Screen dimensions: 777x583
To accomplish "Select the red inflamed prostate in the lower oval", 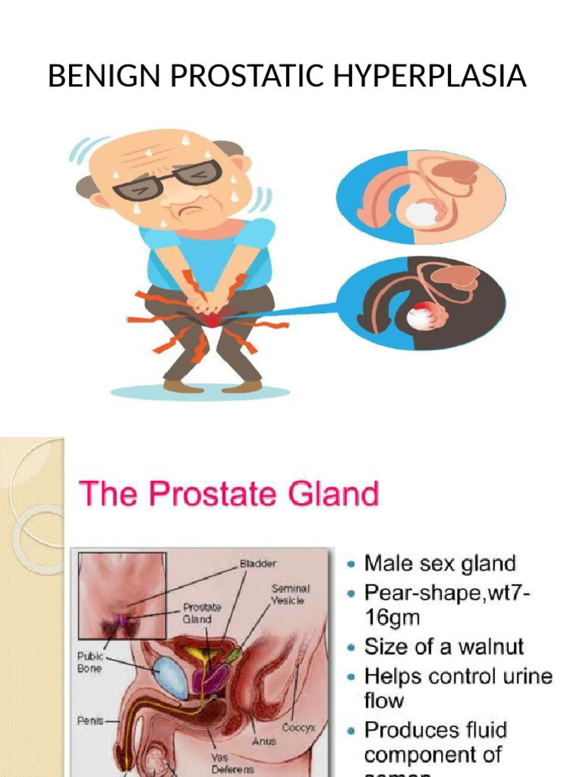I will pyautogui.click(x=421, y=314).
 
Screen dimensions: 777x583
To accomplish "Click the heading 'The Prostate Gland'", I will pyautogui.click(x=228, y=494).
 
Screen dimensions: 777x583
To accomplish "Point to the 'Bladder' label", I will pyautogui.click(x=259, y=564).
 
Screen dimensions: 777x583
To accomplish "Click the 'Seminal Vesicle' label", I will pyautogui.click(x=291, y=594).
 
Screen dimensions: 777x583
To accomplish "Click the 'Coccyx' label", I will pyautogui.click(x=299, y=726).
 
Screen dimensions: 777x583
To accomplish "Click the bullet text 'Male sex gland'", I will pyautogui.click(x=440, y=564).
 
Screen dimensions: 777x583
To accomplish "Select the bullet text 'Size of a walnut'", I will pyautogui.click(x=444, y=646).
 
